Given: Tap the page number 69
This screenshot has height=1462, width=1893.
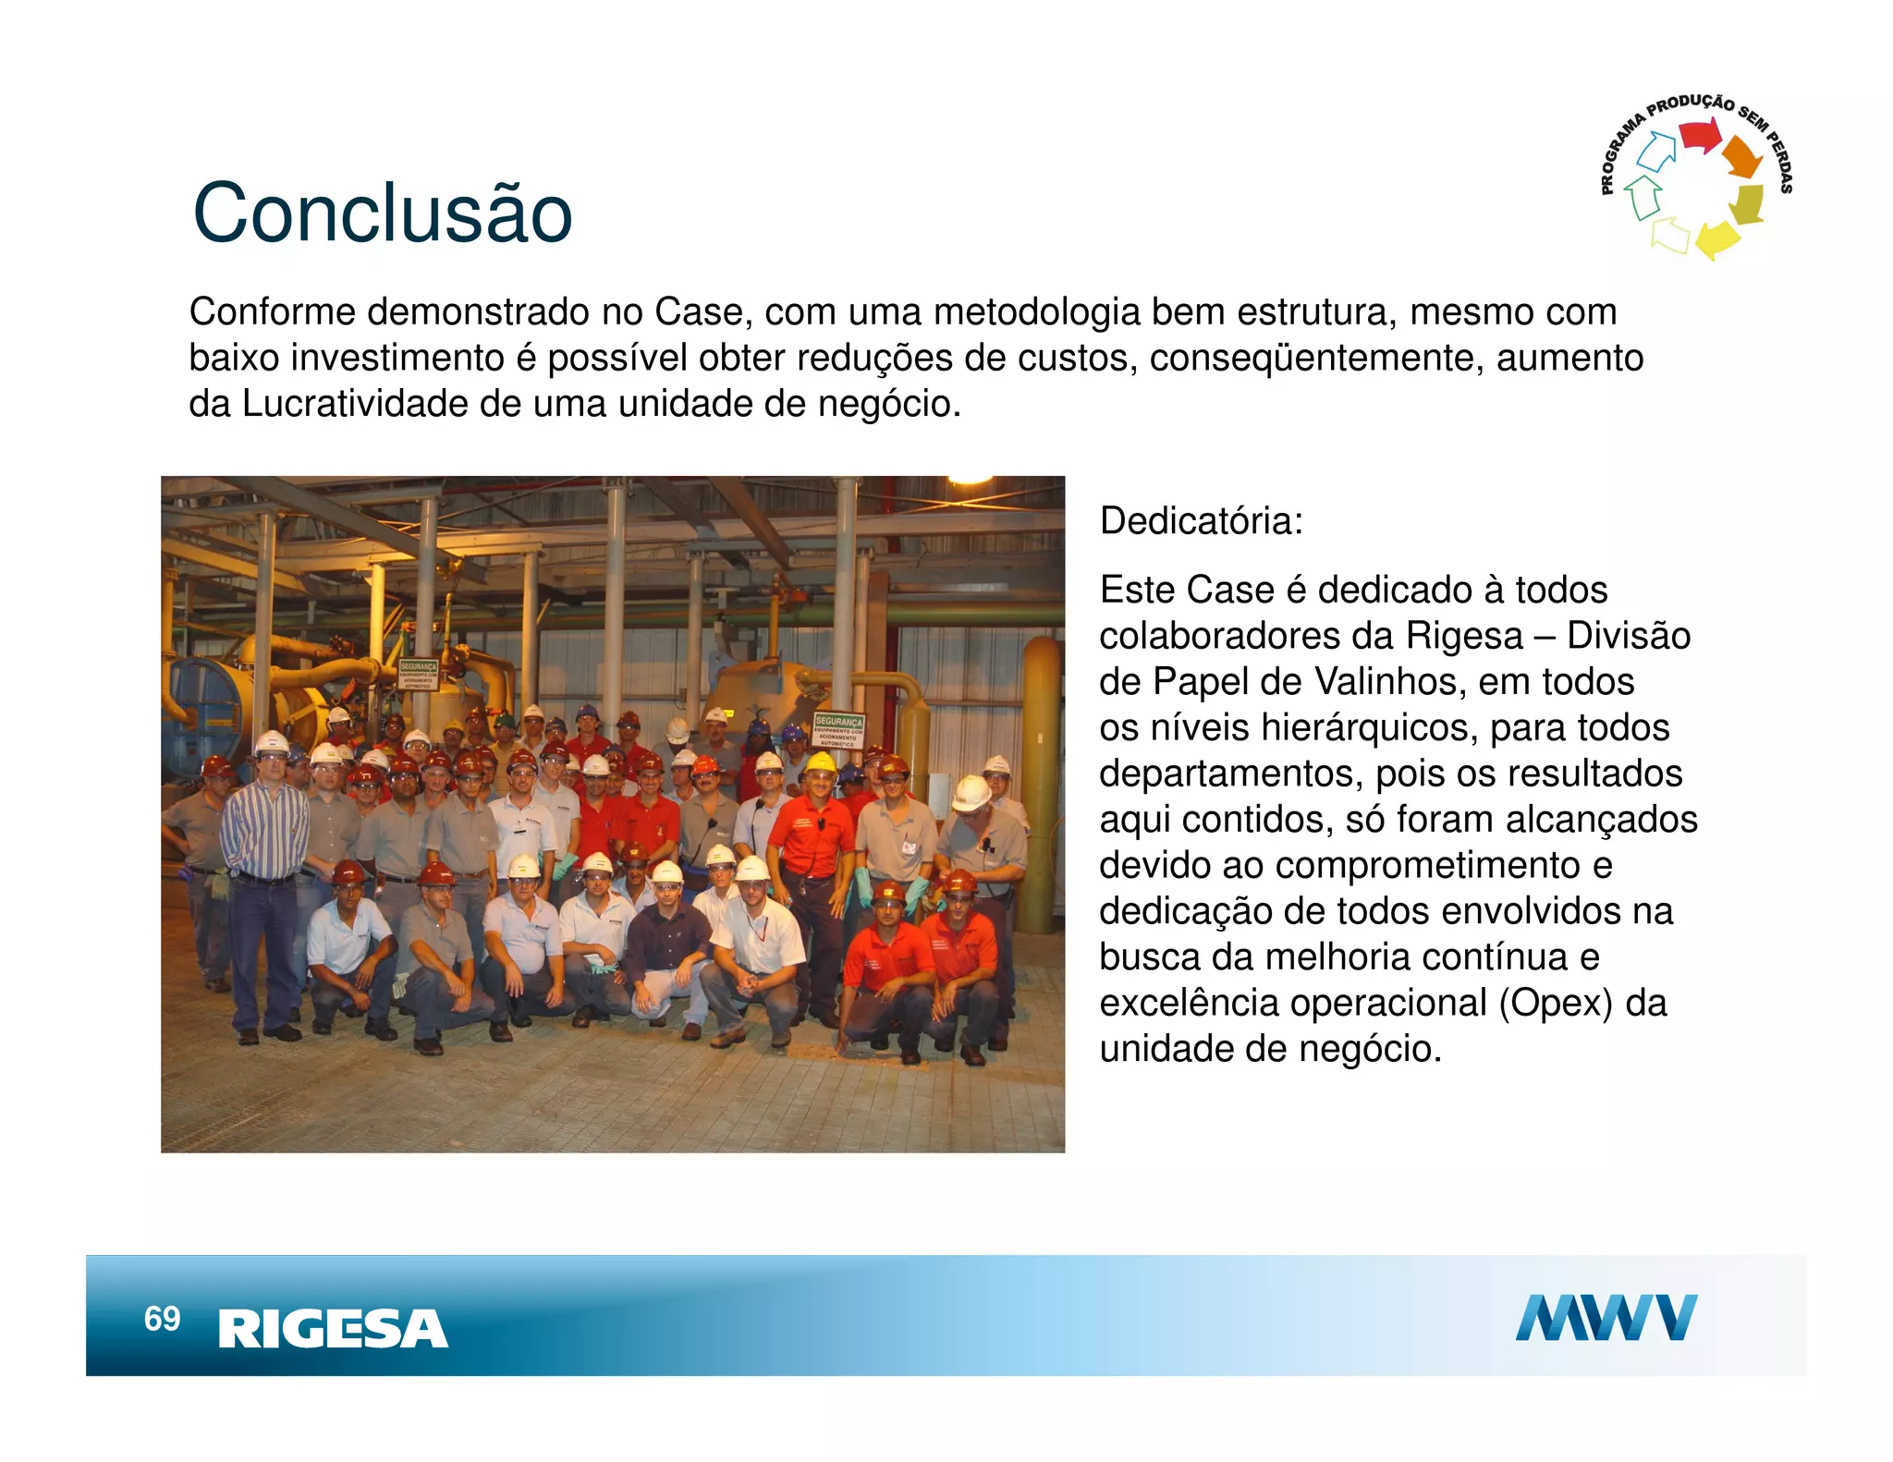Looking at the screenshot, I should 162,1319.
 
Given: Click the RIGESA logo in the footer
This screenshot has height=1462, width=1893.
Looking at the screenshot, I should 333,1329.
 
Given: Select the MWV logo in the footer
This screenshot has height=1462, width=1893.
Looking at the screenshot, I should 1606,1318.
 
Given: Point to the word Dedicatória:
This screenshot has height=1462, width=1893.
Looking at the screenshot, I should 1201,521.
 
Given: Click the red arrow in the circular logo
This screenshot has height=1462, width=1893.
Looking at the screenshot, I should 1699,136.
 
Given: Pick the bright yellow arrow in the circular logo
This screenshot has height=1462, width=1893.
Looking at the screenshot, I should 1716,238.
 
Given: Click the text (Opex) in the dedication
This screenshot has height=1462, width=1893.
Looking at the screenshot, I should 1556,1003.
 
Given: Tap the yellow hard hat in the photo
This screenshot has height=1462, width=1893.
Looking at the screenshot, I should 820,762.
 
